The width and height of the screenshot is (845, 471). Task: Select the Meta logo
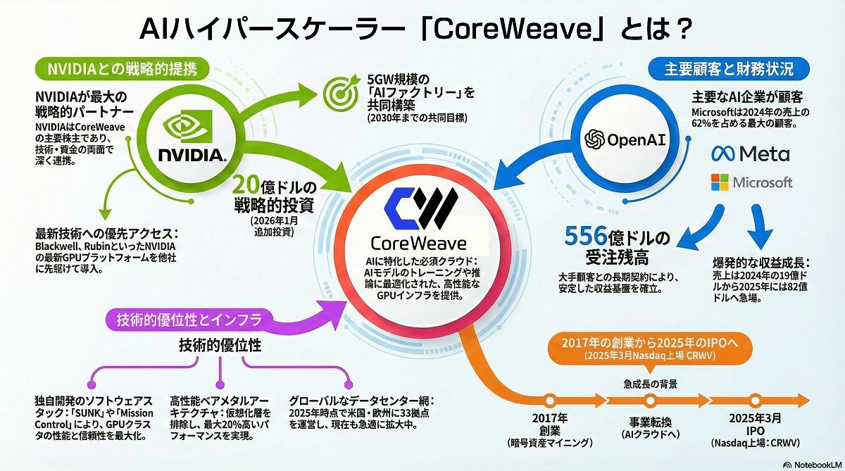(750, 153)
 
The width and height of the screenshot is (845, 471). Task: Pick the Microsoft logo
(751, 182)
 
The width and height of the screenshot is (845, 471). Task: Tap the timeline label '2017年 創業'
(550, 424)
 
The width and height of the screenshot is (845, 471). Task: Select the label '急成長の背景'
(650, 384)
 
